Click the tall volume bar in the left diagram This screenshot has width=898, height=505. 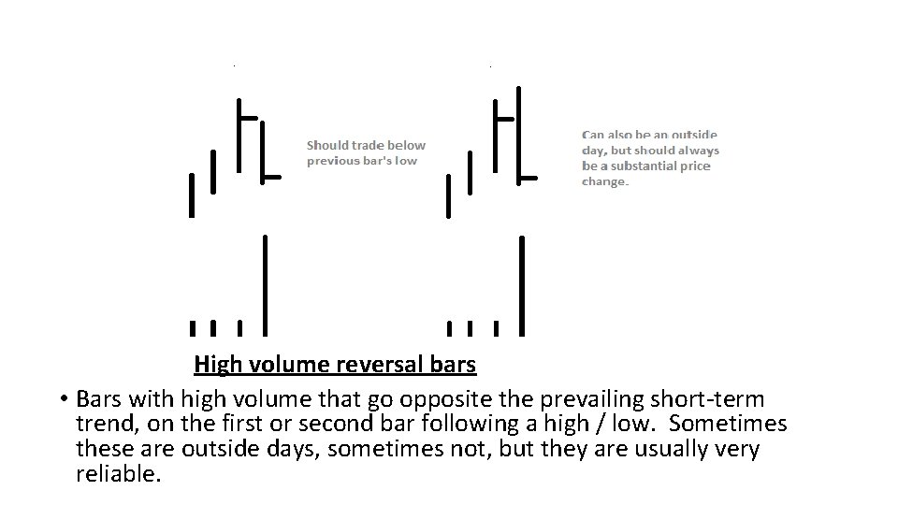[266, 284]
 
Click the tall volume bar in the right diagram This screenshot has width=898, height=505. [521, 284]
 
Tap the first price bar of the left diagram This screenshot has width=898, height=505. [192, 195]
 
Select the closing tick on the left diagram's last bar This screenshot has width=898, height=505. [272, 177]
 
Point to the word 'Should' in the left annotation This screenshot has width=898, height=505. [327, 145]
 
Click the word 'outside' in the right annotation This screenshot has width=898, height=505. [692, 135]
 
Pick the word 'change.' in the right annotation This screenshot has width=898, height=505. [605, 181]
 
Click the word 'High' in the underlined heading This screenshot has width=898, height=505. [215, 363]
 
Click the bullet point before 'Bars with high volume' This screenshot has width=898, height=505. [59, 398]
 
